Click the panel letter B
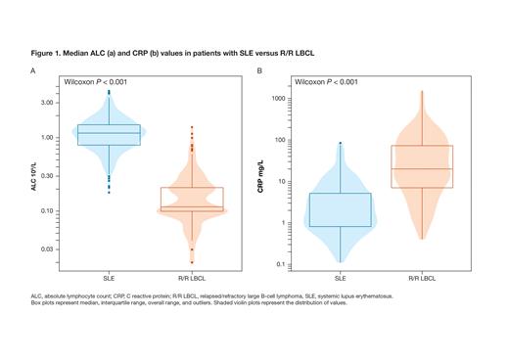point(259,70)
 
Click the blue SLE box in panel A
point(109,135)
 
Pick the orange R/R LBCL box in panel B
point(423,166)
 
